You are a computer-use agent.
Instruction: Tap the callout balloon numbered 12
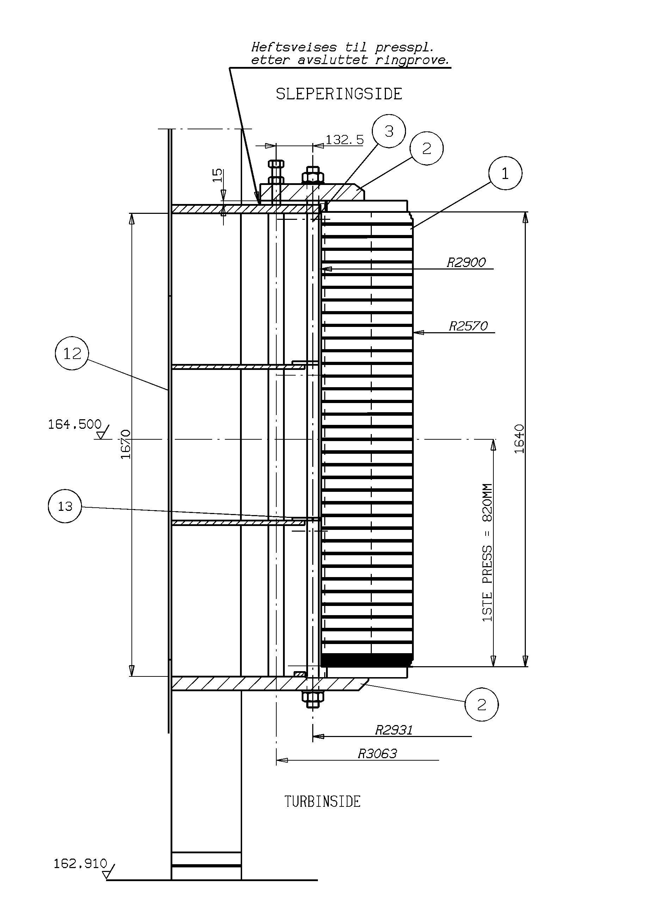click(72, 353)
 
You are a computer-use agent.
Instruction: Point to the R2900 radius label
click(466, 262)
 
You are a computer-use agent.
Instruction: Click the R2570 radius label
click(468, 326)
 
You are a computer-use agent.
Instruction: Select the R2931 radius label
click(394, 730)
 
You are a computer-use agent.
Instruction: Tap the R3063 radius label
click(377, 754)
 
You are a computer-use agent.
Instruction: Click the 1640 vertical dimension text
click(519, 439)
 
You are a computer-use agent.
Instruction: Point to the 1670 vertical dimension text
click(126, 444)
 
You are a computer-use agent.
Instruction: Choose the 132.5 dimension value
click(345, 140)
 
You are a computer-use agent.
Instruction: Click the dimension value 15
click(217, 175)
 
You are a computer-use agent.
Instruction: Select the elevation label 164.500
click(75, 424)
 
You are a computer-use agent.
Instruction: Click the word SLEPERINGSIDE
click(339, 94)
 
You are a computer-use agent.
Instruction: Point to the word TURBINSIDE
click(322, 801)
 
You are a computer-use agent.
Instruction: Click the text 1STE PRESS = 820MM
click(488, 552)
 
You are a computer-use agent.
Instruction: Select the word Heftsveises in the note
click(294, 48)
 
